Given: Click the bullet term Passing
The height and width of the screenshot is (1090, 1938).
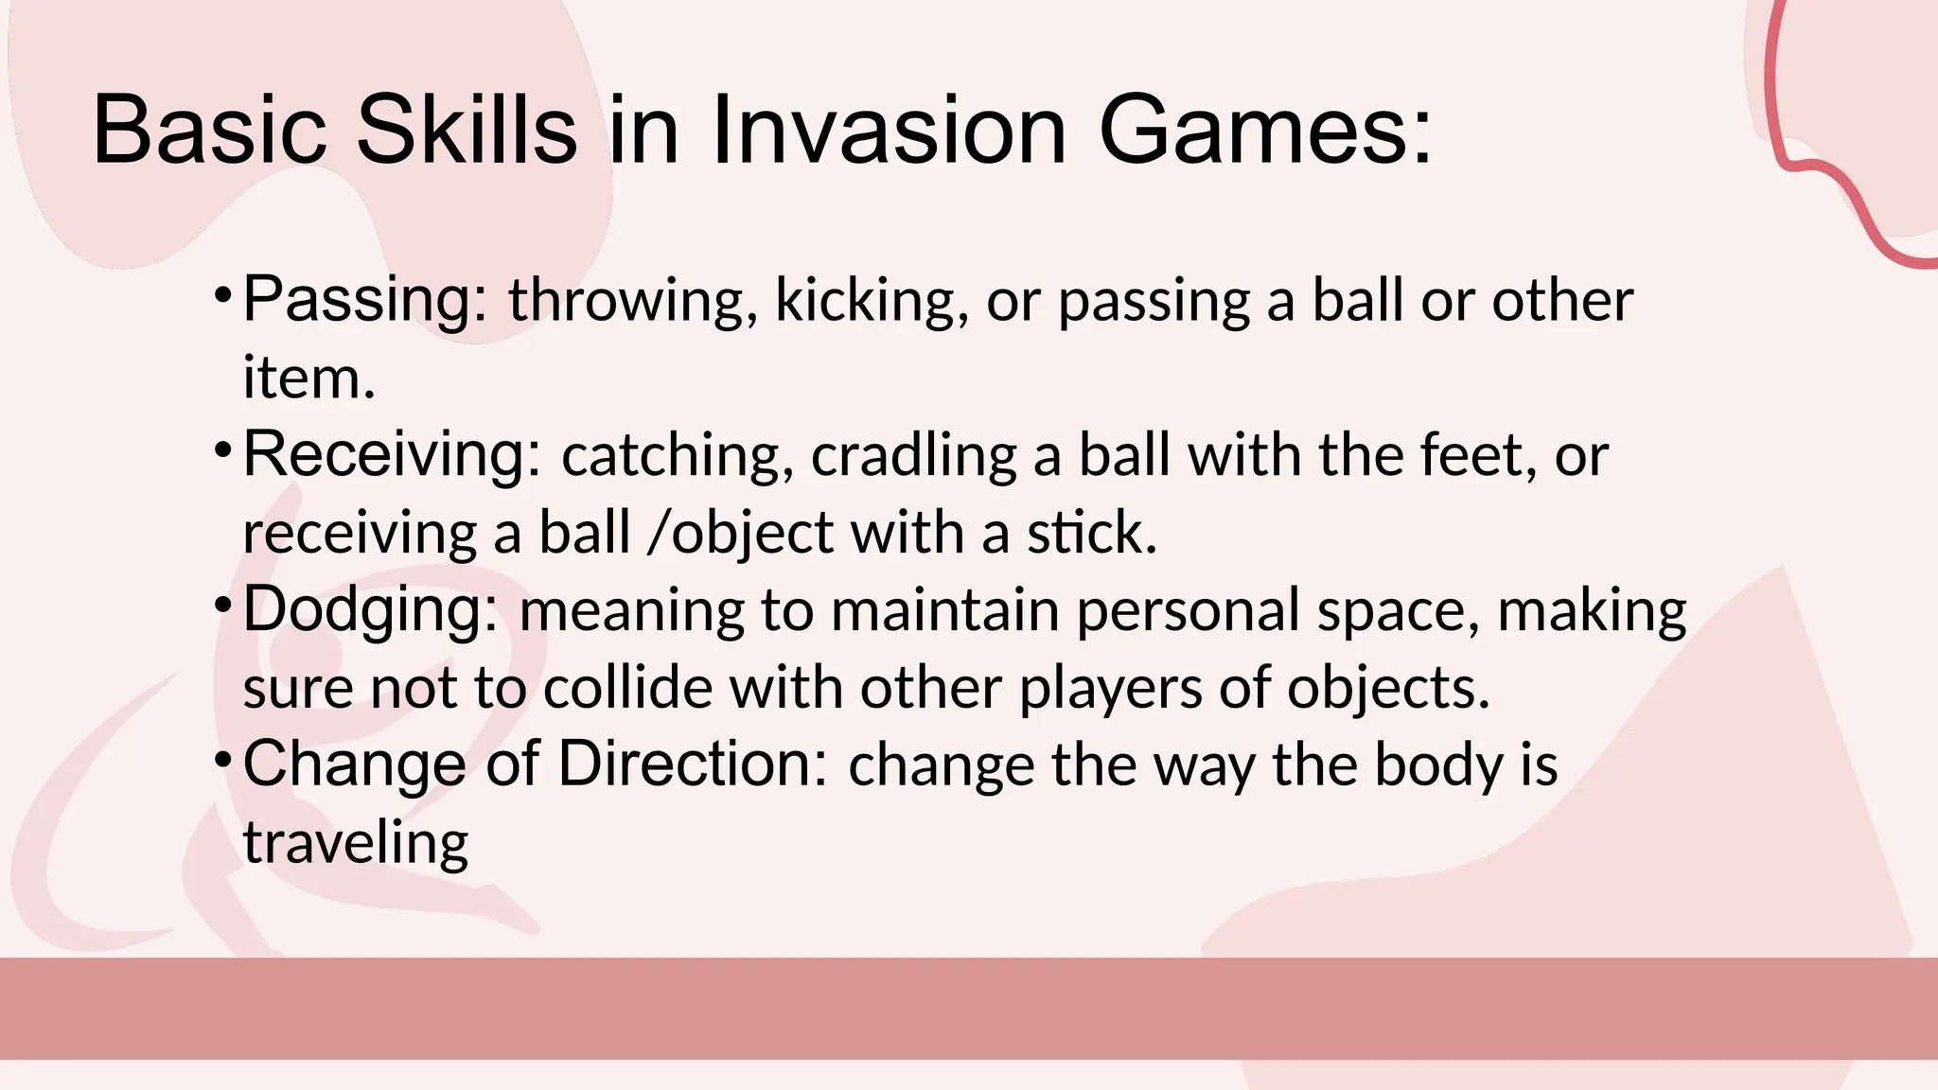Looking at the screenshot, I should (x=365, y=300).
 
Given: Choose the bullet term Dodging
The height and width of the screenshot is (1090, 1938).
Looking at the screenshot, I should (x=370, y=610).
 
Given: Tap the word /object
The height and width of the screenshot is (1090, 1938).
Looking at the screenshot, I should (x=740, y=535).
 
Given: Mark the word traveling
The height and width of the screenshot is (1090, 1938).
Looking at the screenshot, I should (x=356, y=843).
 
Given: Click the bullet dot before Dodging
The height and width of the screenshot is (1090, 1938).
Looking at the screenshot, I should (x=222, y=604).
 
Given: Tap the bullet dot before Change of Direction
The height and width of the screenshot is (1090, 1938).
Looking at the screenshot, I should (x=222, y=758).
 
